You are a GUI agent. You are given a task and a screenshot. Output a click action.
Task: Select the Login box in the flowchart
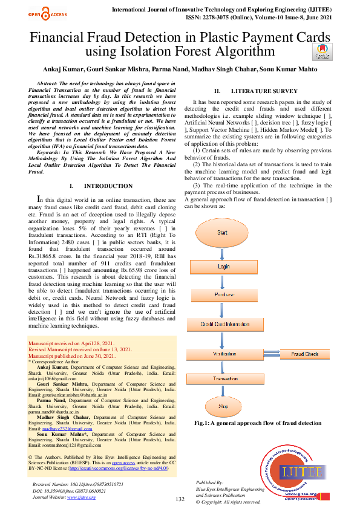tap(223, 266)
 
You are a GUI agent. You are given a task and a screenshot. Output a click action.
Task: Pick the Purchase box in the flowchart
tap(223, 295)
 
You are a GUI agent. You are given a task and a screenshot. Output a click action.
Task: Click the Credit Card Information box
tap(224, 325)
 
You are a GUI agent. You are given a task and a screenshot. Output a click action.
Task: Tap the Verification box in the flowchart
tap(224, 354)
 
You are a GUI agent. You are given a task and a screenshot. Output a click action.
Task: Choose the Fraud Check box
tap(305, 354)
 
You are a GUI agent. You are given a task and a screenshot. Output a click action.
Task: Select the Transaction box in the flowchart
tap(224, 378)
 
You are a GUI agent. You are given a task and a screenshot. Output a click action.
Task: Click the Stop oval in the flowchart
tap(223, 406)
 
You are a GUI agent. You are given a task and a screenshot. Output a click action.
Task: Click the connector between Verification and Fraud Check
tap(267, 354)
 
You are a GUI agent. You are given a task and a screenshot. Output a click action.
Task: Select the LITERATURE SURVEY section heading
tap(257, 91)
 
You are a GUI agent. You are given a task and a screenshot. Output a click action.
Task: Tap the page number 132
tap(180, 499)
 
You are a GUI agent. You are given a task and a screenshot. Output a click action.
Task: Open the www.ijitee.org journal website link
tap(81, 497)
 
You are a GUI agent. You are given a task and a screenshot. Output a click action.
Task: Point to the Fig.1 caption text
tap(258, 423)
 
